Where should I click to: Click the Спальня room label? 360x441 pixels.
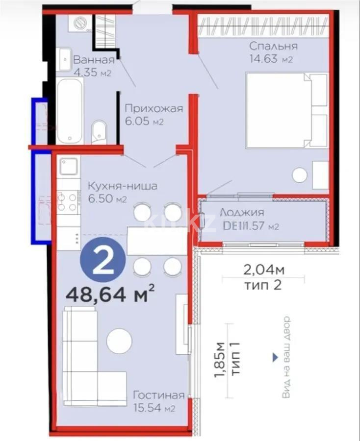tap(273, 47)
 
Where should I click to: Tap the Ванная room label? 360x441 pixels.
tap(94, 60)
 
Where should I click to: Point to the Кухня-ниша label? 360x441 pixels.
tap(122, 186)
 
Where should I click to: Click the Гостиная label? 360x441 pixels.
tap(158, 395)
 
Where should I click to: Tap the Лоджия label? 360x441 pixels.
tap(242, 213)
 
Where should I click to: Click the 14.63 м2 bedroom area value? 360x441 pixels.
tap(271, 60)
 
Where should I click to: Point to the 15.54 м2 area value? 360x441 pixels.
tap(154, 408)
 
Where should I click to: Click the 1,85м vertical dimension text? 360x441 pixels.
tap(220, 361)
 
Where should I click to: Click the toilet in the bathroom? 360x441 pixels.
tap(99, 131)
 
